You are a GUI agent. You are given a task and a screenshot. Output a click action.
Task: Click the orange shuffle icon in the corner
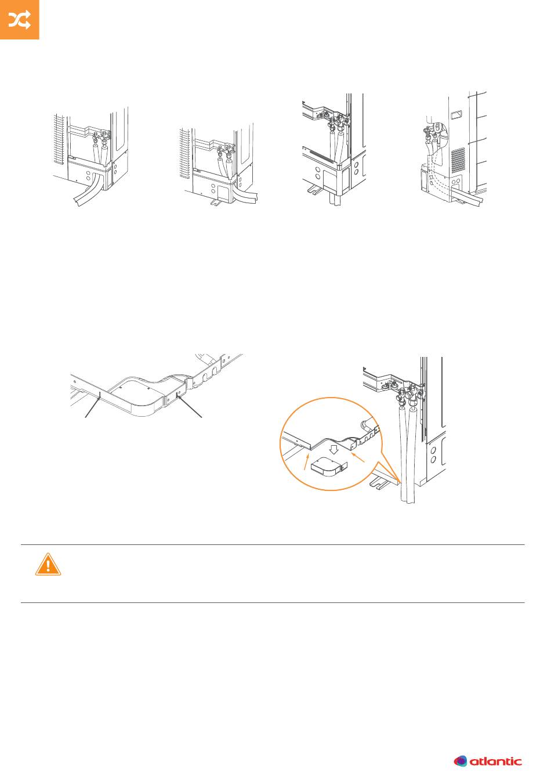pos(20,20)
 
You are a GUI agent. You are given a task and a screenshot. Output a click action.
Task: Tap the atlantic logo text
pos(496,761)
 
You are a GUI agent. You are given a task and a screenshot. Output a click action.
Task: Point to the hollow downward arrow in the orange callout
pos(334,449)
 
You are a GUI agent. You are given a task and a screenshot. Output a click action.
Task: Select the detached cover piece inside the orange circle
pos(329,467)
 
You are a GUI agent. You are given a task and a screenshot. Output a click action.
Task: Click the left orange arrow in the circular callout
pos(307,461)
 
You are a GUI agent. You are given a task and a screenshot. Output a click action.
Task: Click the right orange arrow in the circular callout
pos(358,457)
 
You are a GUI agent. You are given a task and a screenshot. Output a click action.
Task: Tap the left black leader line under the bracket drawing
pos(93,405)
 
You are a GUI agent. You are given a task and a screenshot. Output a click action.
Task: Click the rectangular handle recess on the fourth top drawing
pos(457,114)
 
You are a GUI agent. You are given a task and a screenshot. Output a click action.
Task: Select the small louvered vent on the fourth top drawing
pos(458,160)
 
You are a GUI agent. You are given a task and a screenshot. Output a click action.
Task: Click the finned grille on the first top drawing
pos(59,139)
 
